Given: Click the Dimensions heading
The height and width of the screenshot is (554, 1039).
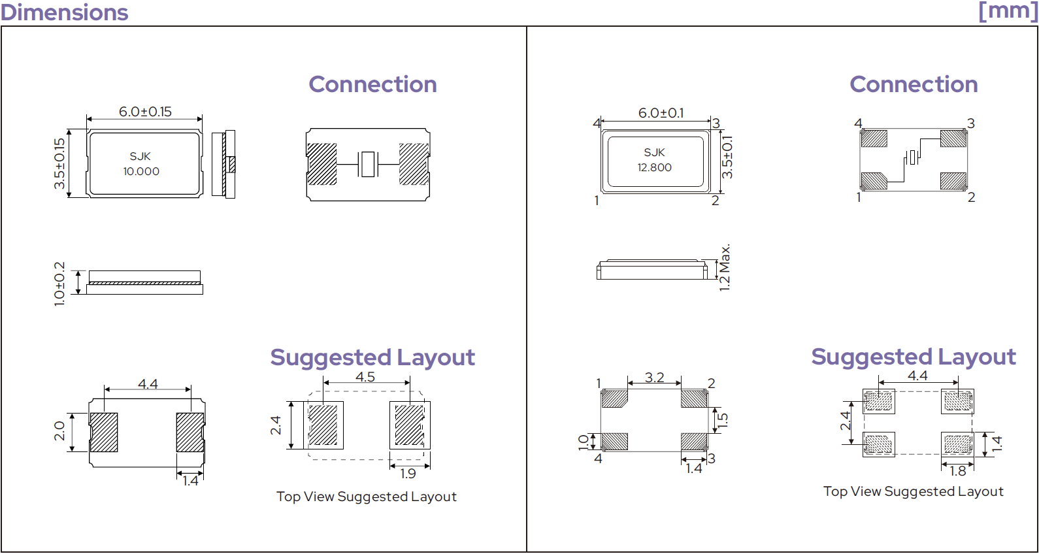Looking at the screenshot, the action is pos(65,12).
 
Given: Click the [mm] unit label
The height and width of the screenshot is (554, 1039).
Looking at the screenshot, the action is pos(1008,10).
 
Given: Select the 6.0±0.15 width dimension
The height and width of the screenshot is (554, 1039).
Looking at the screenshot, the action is pos(145,112).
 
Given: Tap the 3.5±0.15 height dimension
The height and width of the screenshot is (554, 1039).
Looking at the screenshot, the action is pos(59,163).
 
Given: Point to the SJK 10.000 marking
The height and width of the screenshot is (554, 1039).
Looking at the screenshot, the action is pos(141,163).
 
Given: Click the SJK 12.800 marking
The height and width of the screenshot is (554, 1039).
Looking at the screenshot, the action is pos(655,160).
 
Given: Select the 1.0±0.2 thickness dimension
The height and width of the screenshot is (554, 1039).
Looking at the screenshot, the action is pos(59,284).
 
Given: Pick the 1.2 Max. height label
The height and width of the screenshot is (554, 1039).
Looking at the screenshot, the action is pos(725,267).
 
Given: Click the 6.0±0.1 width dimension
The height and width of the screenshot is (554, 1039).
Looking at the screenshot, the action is pos(661,112).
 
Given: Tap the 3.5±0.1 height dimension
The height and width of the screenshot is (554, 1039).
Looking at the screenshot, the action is pos(727,157).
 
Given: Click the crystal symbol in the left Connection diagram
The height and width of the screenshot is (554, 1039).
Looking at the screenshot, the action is pos(368,164).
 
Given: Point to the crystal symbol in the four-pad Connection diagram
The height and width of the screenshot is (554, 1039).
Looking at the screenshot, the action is pos(913,157).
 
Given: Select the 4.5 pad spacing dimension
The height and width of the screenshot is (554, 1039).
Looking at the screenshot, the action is pos(365,376).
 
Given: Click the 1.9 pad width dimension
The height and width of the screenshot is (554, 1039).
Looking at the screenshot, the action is pos(408,474).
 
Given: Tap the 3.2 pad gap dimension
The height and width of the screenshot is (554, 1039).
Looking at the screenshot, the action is pos(655,378).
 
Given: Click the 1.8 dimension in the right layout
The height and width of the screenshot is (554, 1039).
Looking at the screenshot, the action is pos(958,471).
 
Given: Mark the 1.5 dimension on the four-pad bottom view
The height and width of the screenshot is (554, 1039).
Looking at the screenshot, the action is pos(723,420).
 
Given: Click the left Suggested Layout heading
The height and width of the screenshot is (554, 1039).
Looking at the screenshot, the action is pos(372,357).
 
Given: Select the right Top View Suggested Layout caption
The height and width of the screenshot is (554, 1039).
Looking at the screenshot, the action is pos(914,491).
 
